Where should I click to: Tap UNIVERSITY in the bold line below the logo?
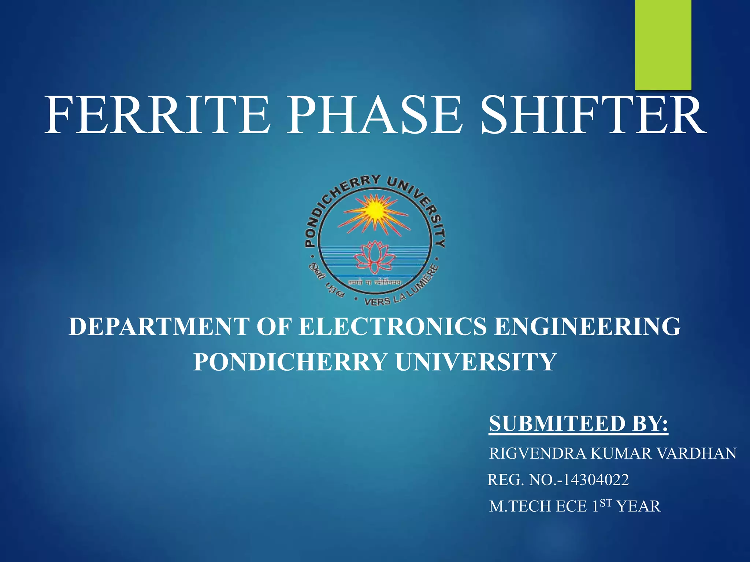pyautogui.click(x=476, y=362)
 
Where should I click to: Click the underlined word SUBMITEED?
pyautogui.click(x=557, y=424)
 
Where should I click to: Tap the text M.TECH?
pyautogui.click(x=520, y=506)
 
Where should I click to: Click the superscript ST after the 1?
pyautogui.click(x=606, y=503)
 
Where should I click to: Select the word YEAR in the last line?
pyautogui.click(x=639, y=506)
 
